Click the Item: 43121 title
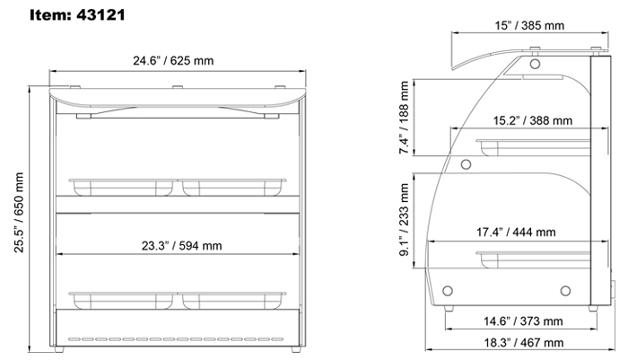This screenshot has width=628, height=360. click(x=77, y=15)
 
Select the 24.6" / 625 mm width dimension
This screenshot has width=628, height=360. click(x=173, y=61)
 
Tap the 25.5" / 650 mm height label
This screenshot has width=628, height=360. click(x=19, y=213)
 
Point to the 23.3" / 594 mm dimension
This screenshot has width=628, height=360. click(x=181, y=246)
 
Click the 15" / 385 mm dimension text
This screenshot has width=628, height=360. click(x=529, y=26)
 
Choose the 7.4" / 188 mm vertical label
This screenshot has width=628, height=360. click(x=405, y=118)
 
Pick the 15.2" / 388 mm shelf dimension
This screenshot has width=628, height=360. click(x=532, y=120)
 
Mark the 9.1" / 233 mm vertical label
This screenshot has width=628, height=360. click(x=405, y=220)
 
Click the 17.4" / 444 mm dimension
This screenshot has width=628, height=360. click(x=516, y=233)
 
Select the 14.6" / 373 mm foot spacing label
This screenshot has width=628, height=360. click(x=523, y=321)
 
